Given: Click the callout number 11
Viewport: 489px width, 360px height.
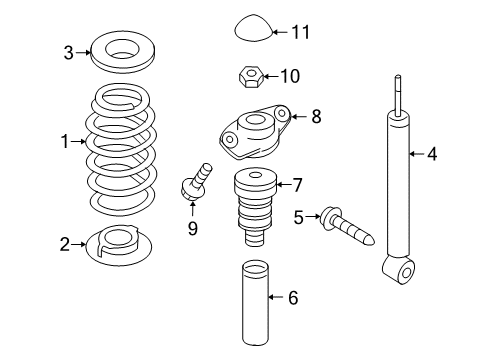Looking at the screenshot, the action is [x=301, y=32].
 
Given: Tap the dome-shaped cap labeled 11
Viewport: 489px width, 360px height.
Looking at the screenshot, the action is [x=254, y=28].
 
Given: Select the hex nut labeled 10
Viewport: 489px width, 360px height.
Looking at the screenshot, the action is [x=251, y=76].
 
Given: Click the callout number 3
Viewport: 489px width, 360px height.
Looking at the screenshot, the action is [x=68, y=53].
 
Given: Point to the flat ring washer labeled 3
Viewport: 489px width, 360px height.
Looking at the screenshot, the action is [x=123, y=52].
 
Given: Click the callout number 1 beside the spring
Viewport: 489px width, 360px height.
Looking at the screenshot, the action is [x=65, y=141].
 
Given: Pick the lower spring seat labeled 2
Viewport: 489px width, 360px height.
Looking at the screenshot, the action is [x=119, y=245].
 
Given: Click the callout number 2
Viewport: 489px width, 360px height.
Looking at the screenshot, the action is [x=65, y=244].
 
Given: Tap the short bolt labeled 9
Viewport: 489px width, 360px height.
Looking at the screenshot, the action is [x=196, y=182].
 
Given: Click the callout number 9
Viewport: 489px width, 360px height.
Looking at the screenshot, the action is [x=193, y=228].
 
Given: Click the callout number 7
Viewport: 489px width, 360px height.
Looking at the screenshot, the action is [x=296, y=185].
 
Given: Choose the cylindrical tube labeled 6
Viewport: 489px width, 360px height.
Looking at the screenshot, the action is [x=255, y=302].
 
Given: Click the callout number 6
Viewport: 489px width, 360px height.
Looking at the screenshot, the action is [x=293, y=297].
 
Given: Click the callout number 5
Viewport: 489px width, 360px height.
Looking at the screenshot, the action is [x=299, y=217].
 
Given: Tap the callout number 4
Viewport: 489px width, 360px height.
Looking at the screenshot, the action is [x=432, y=154].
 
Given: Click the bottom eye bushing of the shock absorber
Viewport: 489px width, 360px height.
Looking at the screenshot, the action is [x=406, y=272].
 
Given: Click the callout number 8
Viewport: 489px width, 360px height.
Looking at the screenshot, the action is [x=316, y=116].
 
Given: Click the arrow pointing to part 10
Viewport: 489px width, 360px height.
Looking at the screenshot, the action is [x=270, y=76].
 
